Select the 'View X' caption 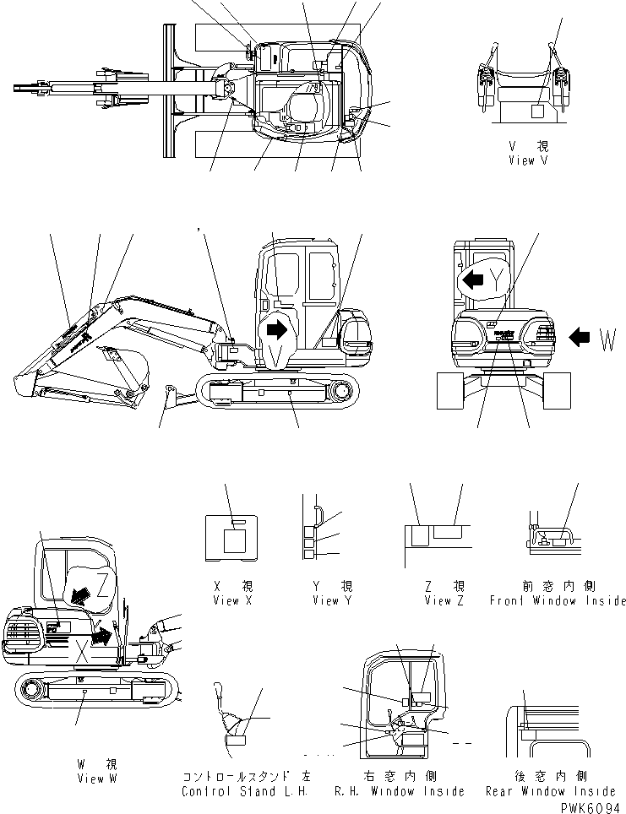click(230, 600)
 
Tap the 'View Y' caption click(331, 600)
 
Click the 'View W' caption click(95, 778)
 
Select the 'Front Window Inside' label click(558, 600)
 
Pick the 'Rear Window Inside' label click(551, 791)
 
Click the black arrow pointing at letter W click(580, 339)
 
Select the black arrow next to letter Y click(472, 279)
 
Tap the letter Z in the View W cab click(101, 582)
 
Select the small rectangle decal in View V click(537, 110)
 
